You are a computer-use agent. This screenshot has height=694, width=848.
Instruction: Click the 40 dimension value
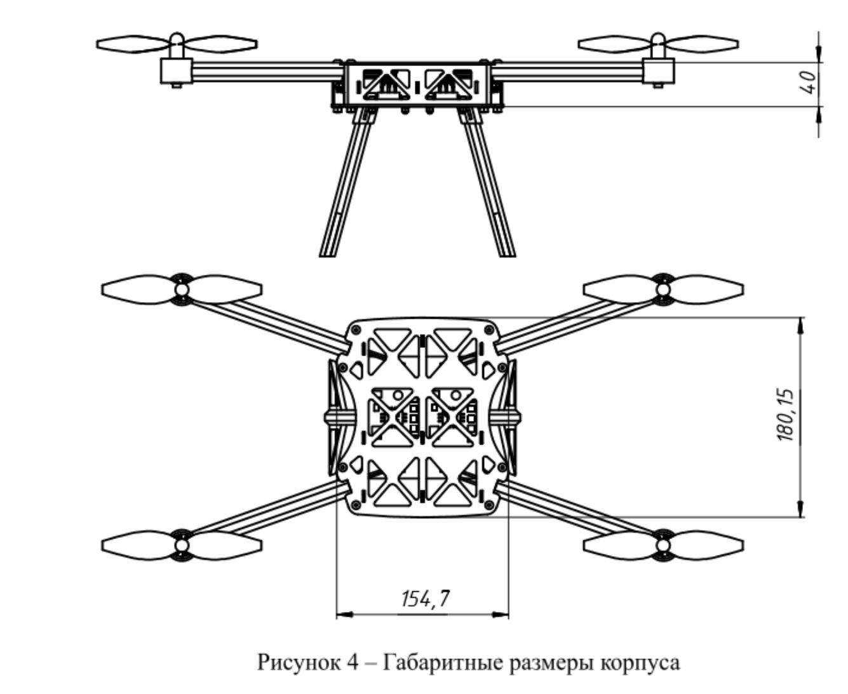tap(807, 83)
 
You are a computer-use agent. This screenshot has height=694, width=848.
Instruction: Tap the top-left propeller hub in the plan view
tap(181, 290)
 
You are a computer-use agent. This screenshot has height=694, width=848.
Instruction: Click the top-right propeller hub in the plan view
tap(663, 290)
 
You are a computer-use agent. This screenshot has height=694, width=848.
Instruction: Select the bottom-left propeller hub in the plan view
tap(181, 545)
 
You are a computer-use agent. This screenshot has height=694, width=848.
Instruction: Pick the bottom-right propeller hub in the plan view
tap(663, 545)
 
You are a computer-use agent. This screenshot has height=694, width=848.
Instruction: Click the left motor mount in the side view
tap(175, 70)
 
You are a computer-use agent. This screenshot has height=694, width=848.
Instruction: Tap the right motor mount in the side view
tap(659, 70)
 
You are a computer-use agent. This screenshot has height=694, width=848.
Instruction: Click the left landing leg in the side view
tap(346, 184)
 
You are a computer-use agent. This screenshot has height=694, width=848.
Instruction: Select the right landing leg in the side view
tap(488, 184)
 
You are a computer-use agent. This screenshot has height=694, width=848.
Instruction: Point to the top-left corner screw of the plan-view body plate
tap(355, 329)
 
